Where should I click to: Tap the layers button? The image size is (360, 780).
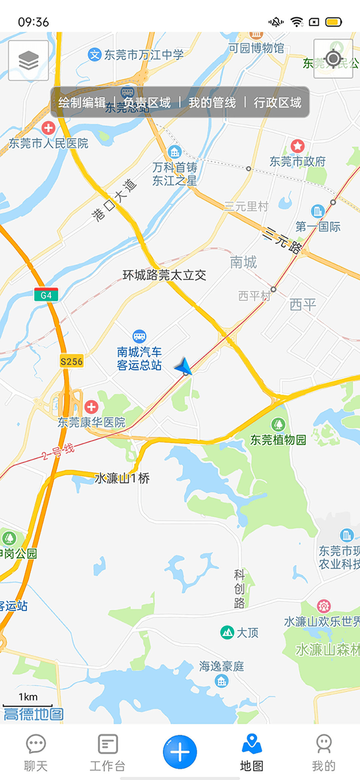[28, 61]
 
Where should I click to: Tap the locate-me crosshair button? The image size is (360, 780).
[333, 59]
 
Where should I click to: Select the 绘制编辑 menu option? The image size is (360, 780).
[82, 102]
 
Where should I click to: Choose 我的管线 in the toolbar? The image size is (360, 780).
[212, 102]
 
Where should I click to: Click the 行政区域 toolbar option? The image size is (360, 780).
[278, 102]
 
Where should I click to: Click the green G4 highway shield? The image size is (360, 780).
[46, 295]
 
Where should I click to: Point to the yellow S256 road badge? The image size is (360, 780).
[72, 361]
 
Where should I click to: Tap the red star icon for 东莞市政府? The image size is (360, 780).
[297, 145]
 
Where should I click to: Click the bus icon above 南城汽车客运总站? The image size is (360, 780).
[139, 336]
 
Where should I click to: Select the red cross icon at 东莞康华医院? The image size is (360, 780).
[91, 406]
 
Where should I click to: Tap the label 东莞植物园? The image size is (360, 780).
[278, 440]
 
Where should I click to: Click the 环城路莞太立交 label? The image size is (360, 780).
[164, 275]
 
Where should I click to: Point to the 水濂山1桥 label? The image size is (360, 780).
[122, 478]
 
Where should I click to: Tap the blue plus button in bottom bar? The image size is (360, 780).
[180, 752]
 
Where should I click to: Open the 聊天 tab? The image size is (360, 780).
[36, 753]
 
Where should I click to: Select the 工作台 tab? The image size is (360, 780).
[108, 753]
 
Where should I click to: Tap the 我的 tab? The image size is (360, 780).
[323, 753]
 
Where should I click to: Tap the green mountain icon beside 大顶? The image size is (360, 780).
[227, 632]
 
